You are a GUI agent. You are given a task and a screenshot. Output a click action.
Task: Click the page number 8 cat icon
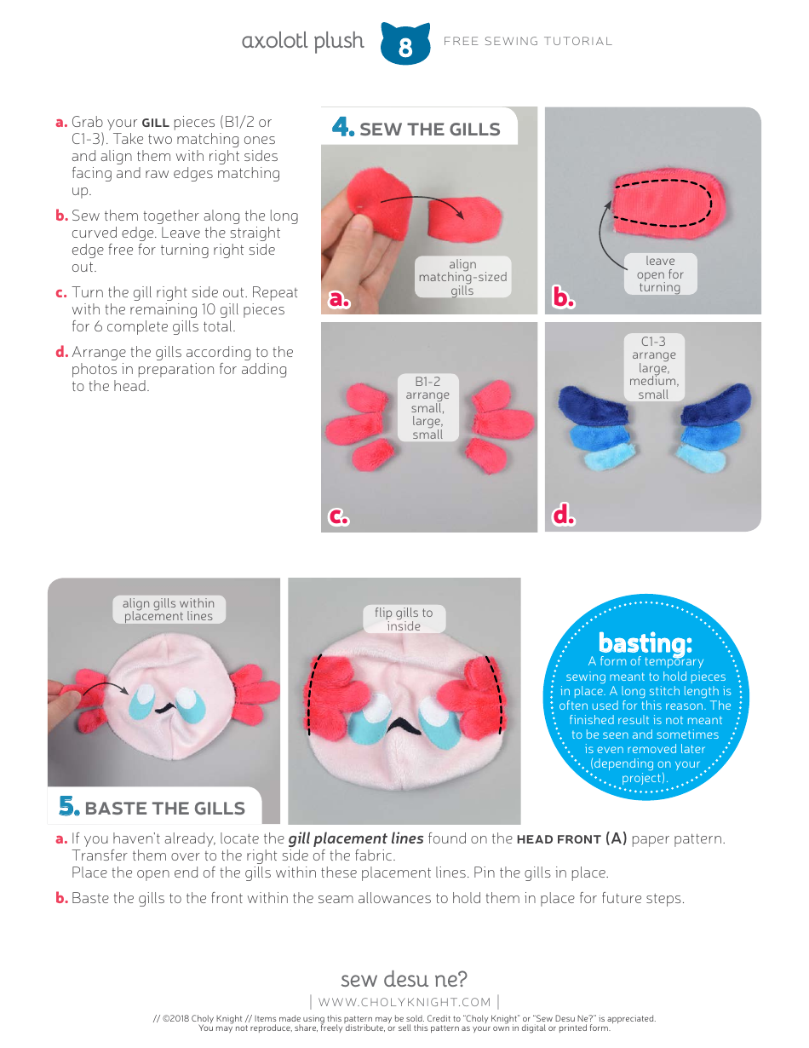tap(404, 44)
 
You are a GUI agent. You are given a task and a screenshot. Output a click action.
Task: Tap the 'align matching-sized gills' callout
tap(462, 277)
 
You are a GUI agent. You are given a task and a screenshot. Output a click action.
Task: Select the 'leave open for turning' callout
tap(660, 274)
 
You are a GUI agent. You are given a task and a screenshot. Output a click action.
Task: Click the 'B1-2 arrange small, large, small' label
tap(427, 408)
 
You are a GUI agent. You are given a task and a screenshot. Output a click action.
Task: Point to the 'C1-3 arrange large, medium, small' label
tap(653, 368)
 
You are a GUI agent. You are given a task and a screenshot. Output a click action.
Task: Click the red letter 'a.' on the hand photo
tap(340, 298)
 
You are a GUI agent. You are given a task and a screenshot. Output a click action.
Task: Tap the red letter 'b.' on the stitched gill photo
tap(564, 298)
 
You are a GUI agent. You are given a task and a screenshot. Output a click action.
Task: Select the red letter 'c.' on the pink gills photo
tap(339, 516)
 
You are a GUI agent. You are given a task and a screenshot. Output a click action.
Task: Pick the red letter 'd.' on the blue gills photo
tap(563, 515)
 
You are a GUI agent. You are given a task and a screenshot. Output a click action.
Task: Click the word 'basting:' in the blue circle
tap(645, 642)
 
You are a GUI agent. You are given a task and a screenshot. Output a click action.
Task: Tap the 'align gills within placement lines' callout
tap(169, 609)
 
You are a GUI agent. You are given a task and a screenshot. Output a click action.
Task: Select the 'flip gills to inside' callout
tap(404, 619)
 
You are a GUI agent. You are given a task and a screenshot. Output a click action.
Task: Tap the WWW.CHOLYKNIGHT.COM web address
tap(404, 1002)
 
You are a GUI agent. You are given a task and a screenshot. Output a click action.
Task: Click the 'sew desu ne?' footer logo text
tap(404, 978)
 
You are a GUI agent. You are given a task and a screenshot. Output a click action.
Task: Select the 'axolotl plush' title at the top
tap(302, 41)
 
